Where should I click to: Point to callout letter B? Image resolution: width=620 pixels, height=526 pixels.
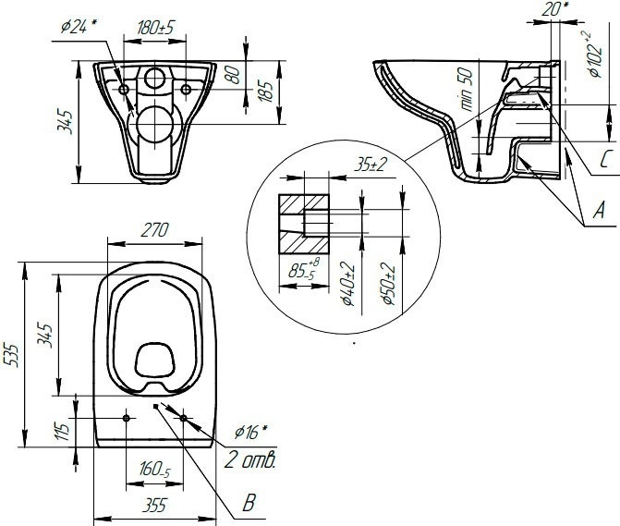pos(248,505)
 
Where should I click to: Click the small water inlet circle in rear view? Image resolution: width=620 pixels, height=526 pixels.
pos(155,78)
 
